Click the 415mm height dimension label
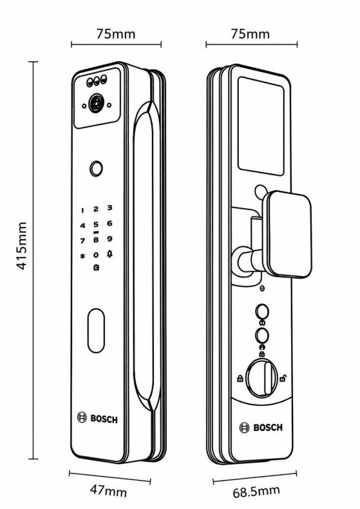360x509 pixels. click(x=21, y=245)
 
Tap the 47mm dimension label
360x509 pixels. click(x=108, y=490)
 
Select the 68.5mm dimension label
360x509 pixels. click(x=256, y=492)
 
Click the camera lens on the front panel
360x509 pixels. click(x=96, y=103)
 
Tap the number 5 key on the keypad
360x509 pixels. click(x=96, y=224)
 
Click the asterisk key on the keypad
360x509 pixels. click(x=82, y=256)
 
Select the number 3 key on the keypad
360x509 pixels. click(x=109, y=207)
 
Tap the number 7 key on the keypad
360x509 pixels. click(x=82, y=241)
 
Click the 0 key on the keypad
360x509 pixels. click(x=96, y=255)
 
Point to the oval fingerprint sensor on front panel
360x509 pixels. click(x=97, y=331)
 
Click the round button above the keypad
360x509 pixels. click(x=97, y=169)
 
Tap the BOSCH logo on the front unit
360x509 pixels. click(x=97, y=418)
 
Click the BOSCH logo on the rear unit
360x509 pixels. click(x=261, y=427)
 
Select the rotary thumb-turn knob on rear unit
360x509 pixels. click(x=262, y=378)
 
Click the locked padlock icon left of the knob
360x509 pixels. click(x=240, y=378)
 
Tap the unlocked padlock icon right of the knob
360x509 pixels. click(x=283, y=378)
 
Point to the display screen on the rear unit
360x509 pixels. click(x=261, y=126)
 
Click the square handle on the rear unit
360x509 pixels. click(x=287, y=234)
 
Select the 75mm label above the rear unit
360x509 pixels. click(x=250, y=34)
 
